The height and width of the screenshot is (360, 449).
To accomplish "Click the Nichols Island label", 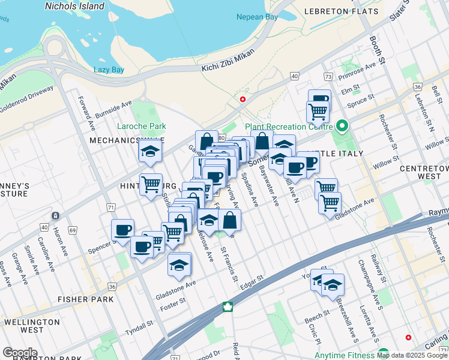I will coord(74,6).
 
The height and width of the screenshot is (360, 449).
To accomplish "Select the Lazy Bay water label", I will coord(109,70).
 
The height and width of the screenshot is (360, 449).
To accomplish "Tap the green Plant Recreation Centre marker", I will coord(342,126).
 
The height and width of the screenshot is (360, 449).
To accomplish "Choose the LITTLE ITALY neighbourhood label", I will coord(336,154).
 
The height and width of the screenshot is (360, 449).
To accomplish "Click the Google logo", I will coord(20,352).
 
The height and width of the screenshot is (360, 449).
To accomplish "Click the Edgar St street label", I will coord(252,282).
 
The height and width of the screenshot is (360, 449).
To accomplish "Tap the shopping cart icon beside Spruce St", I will coord(318,110).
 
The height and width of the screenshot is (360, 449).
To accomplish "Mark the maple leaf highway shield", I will coord(228,307).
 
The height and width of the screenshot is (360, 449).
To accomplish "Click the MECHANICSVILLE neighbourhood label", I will coord(118,140).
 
